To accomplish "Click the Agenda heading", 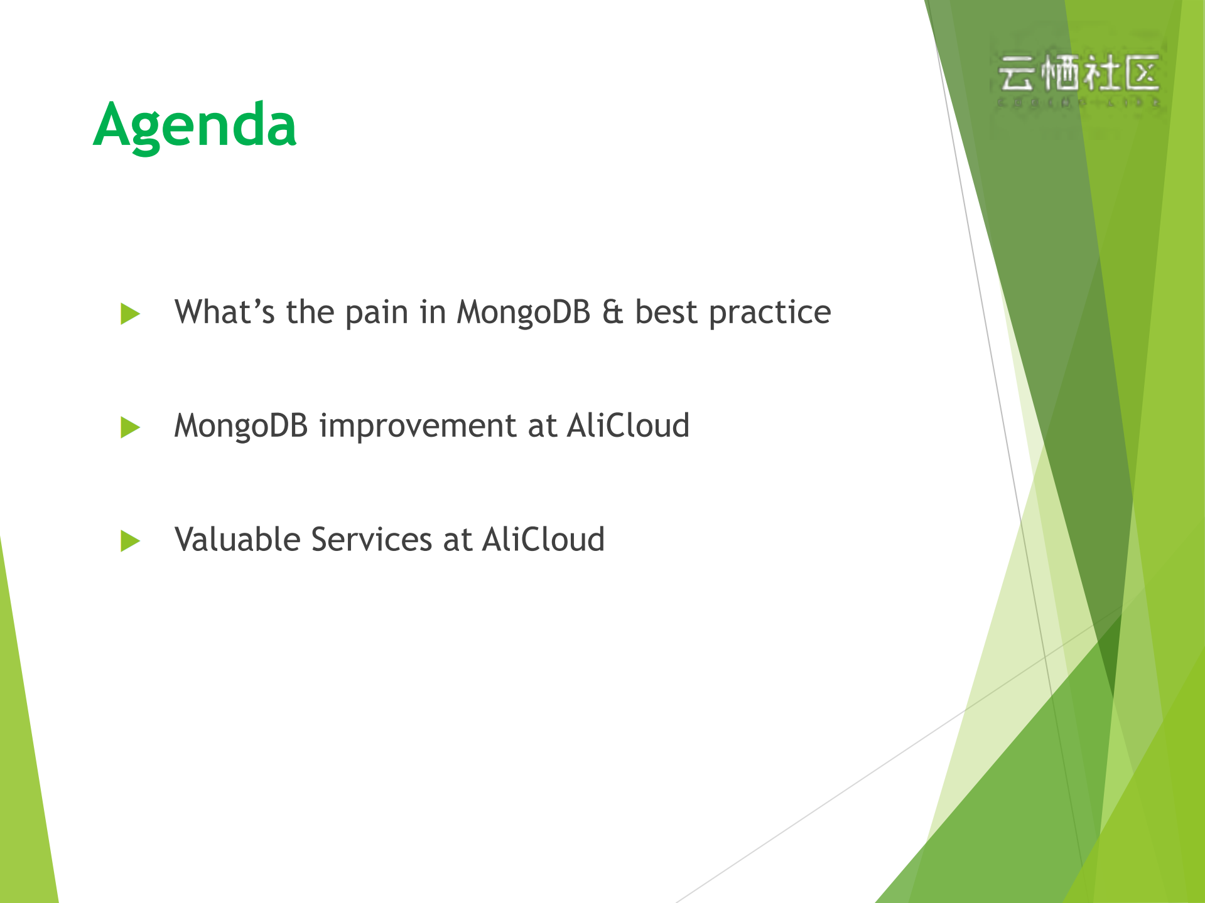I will (x=195, y=126).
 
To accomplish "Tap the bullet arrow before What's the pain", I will (x=129, y=314).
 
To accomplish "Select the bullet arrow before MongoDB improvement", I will (x=129, y=427).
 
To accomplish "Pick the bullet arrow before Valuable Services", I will (x=129, y=541).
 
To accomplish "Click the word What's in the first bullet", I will (x=224, y=312).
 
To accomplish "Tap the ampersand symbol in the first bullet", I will (x=613, y=313).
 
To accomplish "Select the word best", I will (x=666, y=313).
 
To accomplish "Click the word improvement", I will (x=418, y=427).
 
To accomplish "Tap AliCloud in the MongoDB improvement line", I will (x=628, y=425).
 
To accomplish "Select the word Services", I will (x=371, y=540).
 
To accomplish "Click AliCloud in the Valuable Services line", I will (x=543, y=540).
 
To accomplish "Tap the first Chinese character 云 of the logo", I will (x=1017, y=74).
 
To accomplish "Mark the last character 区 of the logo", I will (x=1142, y=73).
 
